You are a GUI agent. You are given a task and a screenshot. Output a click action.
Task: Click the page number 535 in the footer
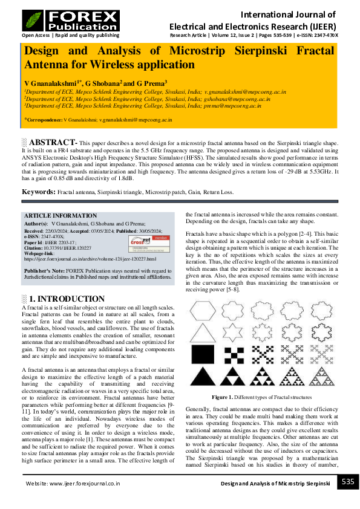point(347,482)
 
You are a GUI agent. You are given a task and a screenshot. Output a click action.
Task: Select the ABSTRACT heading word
point(53,141)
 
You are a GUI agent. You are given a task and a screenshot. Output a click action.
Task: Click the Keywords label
point(39,192)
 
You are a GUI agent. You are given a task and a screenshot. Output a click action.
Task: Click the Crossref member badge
point(146,242)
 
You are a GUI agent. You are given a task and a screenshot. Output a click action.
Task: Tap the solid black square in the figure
point(201,354)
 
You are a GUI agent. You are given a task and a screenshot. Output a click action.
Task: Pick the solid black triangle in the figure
point(201,377)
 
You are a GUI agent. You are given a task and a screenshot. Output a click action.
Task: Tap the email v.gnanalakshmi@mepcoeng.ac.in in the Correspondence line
point(136,120)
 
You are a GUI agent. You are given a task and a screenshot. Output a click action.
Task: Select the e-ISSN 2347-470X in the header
point(315,36)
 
